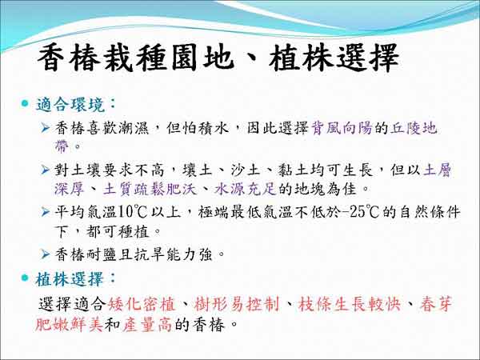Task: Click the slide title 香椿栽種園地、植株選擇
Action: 218,58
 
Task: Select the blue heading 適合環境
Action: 71,105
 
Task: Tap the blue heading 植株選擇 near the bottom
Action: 70,279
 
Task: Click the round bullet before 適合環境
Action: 25,103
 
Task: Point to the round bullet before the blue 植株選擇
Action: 25,278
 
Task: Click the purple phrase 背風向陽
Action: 342,128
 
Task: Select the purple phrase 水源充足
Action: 246,189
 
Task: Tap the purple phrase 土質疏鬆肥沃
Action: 150,189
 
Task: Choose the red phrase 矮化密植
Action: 142,304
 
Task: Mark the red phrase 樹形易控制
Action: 236,304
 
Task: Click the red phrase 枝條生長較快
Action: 349,304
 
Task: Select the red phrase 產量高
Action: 147,325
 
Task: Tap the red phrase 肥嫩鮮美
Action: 69,325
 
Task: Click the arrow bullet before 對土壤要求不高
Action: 45,170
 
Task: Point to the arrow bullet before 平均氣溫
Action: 45,211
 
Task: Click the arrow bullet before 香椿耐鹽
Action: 45,254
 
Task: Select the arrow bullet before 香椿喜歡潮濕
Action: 45,128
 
